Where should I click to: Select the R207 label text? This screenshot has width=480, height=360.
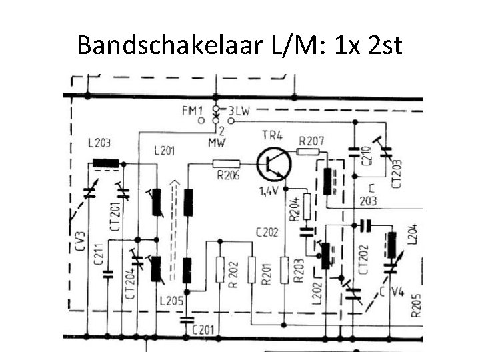pyautogui.click(x=311, y=141)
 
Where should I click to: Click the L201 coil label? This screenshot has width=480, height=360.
pyautogui.click(x=164, y=151)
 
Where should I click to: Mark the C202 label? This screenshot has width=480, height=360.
pyautogui.click(x=266, y=232)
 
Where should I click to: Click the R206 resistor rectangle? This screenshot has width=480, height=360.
pyautogui.click(x=226, y=163)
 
